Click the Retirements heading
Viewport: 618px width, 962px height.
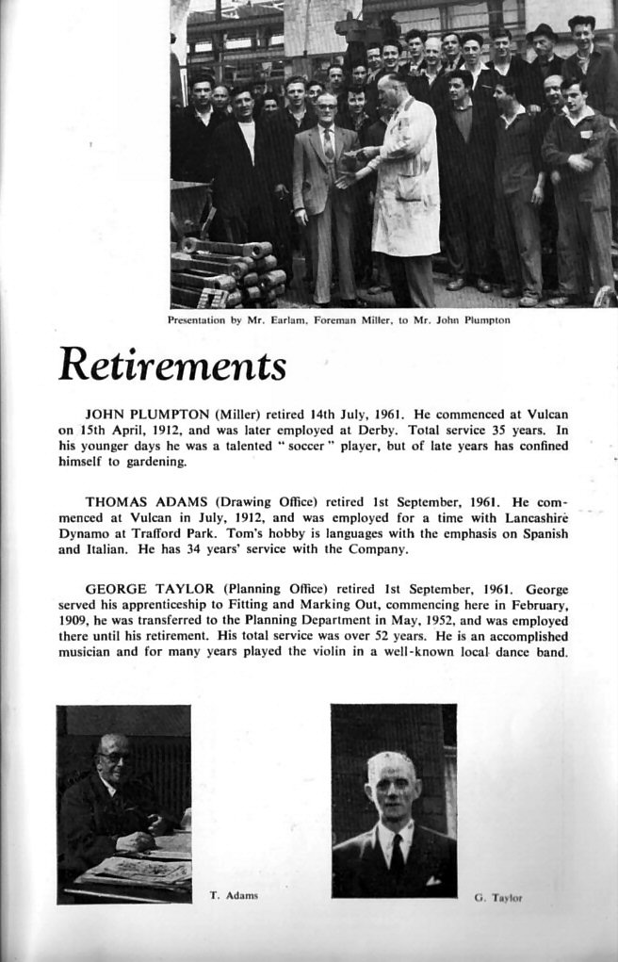(172, 365)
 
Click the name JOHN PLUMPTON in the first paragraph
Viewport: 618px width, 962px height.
(138, 414)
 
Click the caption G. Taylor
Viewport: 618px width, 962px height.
(497, 898)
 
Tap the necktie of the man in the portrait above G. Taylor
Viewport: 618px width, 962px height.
(398, 855)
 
